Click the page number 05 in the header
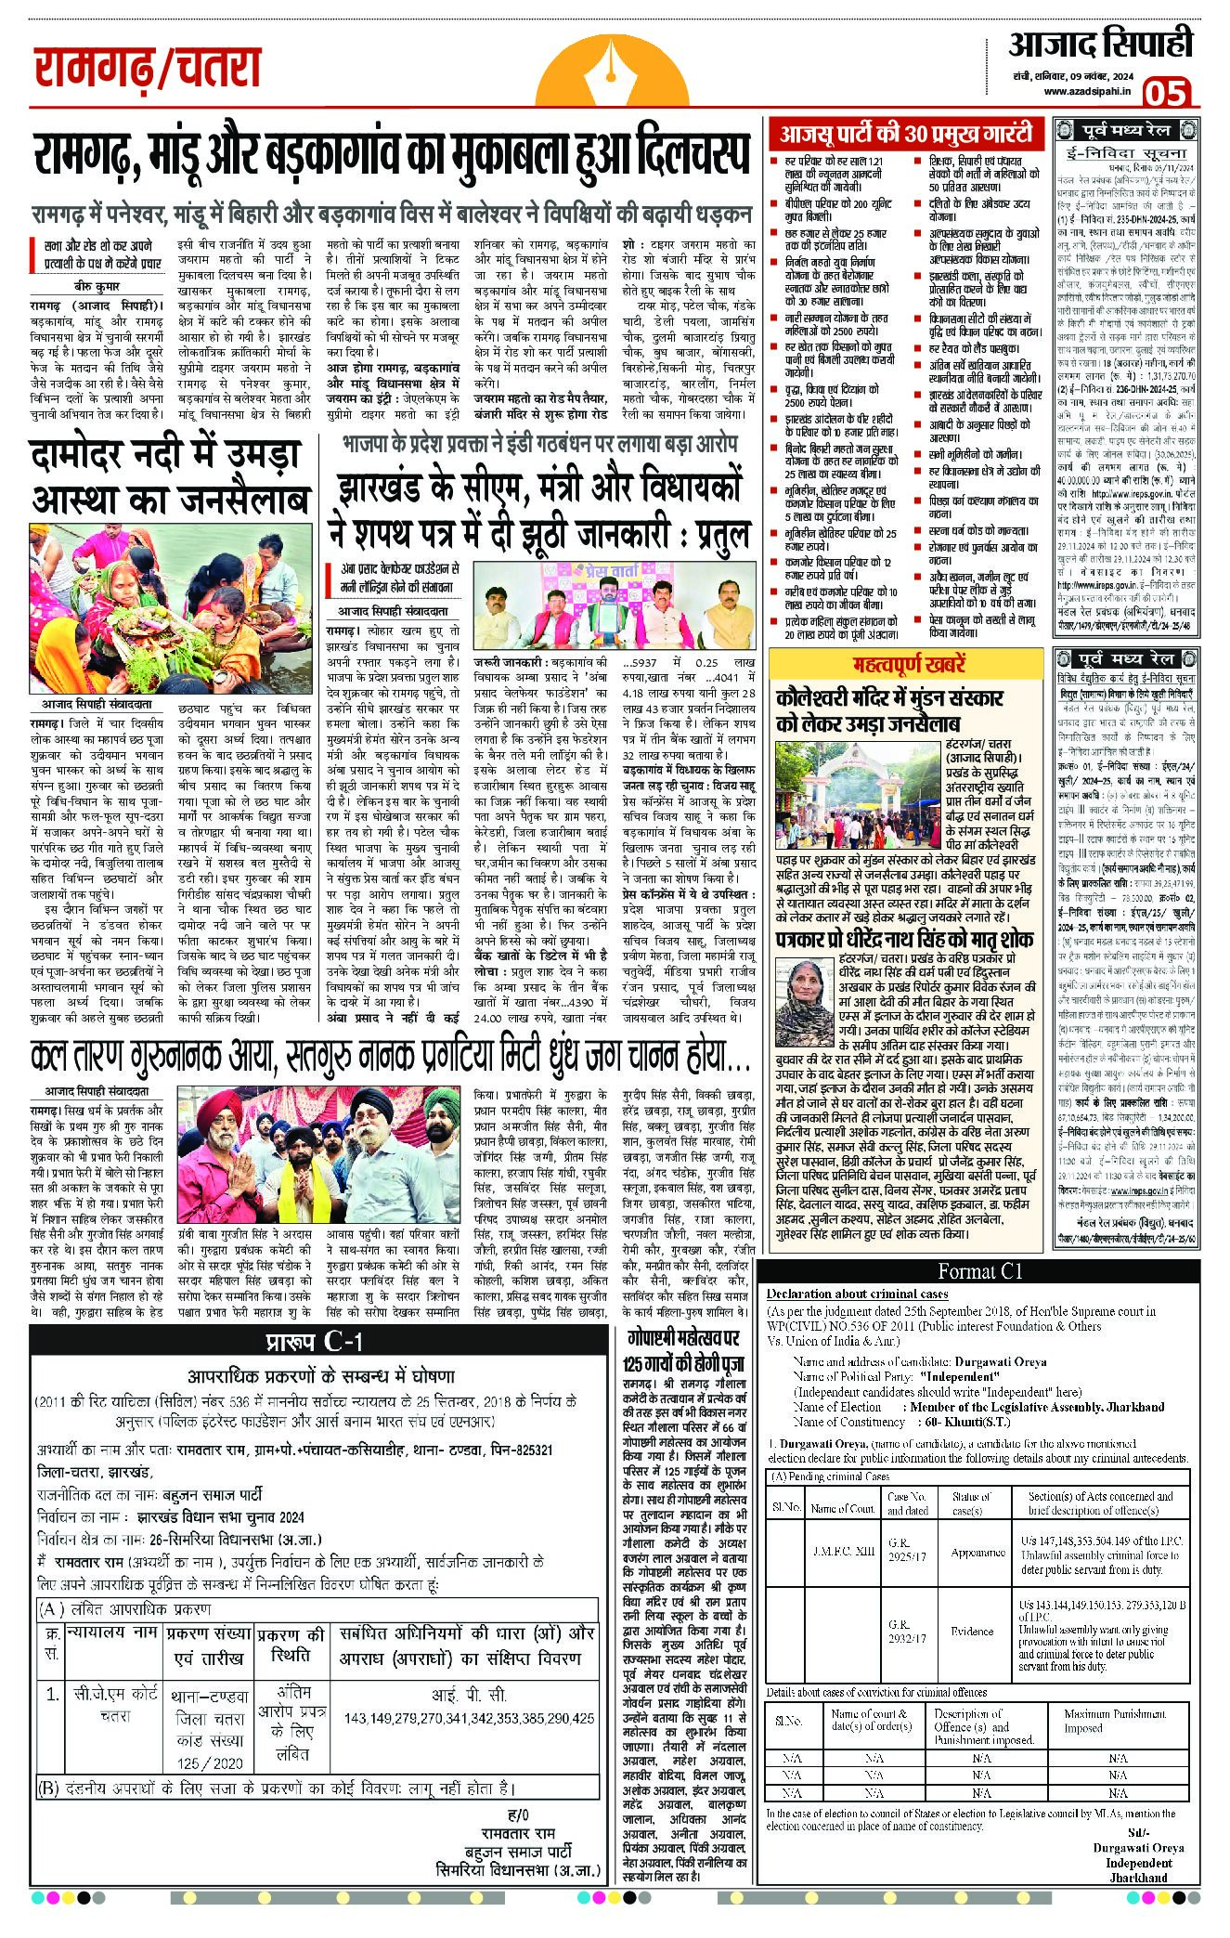pos(1166,93)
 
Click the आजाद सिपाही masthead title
pos(1099,43)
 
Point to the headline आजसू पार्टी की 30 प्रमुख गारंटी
pos(905,135)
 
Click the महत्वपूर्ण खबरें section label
pos(910,665)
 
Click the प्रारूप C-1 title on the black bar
pos(316,1341)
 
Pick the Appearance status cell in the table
pos(978,1552)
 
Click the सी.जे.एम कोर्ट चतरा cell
pos(116,1705)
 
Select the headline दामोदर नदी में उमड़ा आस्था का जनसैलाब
pos(170,477)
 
